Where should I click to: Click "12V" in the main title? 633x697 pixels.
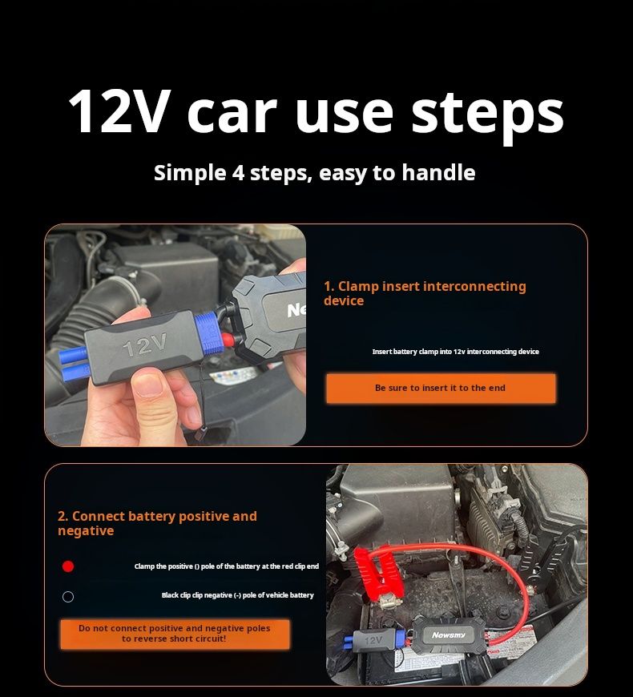(119, 110)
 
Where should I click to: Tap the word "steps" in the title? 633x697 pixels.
(488, 111)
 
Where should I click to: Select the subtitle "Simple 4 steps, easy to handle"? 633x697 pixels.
(315, 172)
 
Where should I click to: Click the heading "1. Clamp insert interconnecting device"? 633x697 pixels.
(425, 293)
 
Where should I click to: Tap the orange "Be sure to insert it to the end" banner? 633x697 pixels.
(440, 388)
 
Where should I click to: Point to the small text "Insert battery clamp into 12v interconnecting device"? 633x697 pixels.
(455, 352)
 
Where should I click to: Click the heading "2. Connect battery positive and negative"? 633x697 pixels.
(157, 523)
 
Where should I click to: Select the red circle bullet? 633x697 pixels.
(68, 566)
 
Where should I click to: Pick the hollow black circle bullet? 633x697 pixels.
(68, 597)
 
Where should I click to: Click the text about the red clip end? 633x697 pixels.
(226, 566)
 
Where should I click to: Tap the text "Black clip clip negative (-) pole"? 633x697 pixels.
(237, 595)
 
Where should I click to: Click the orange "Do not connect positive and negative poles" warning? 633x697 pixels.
(174, 634)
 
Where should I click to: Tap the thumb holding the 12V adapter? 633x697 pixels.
(159, 388)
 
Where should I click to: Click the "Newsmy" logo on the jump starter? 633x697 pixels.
(448, 635)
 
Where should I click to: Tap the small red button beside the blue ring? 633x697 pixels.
(228, 339)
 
